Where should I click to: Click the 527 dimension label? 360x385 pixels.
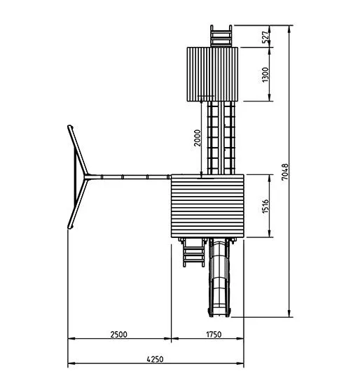click(x=265, y=36)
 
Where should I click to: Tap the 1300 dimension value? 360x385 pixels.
click(x=265, y=75)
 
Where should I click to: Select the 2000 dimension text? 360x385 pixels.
click(x=198, y=138)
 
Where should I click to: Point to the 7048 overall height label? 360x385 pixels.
click(x=285, y=172)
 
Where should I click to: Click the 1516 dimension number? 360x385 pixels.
click(x=265, y=206)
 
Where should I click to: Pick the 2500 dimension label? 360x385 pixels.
click(x=119, y=335)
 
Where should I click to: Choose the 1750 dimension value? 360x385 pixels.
click(x=214, y=335)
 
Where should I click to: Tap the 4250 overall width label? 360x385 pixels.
click(x=155, y=359)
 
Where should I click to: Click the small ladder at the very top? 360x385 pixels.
click(x=221, y=36)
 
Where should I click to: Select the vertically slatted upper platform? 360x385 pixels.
click(x=212, y=74)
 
